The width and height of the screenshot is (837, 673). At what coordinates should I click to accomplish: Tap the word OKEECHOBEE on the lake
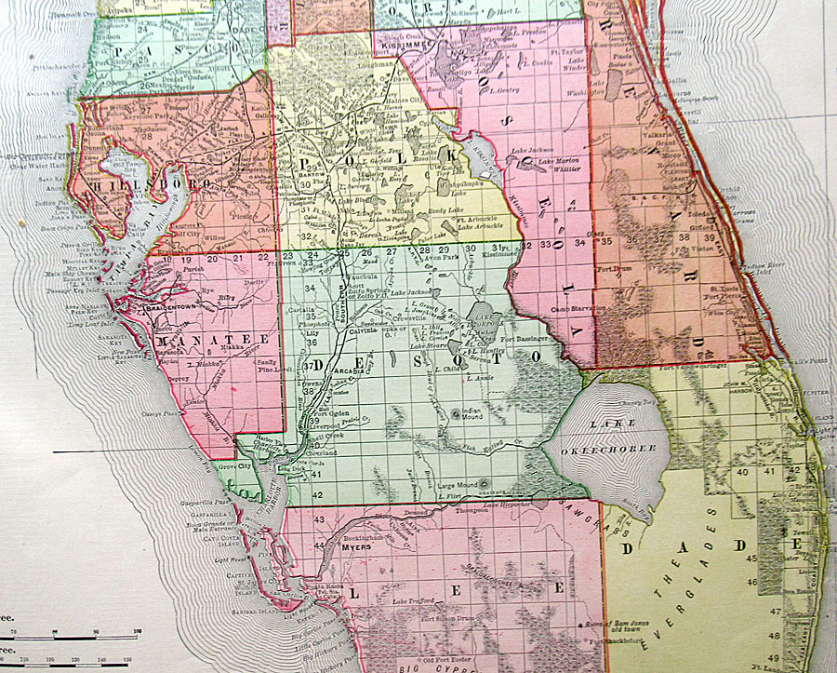(621, 449)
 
